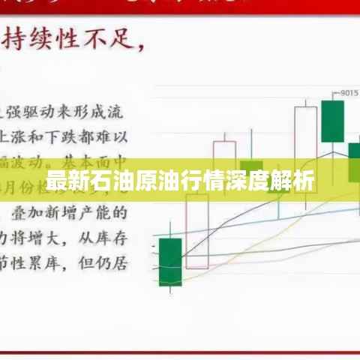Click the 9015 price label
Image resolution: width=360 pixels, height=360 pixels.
click(x=349, y=94)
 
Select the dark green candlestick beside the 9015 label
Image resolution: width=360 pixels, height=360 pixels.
click(x=332, y=120)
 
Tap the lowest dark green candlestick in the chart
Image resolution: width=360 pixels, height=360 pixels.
click(x=170, y=262)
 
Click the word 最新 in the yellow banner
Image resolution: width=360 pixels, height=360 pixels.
click(x=64, y=182)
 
